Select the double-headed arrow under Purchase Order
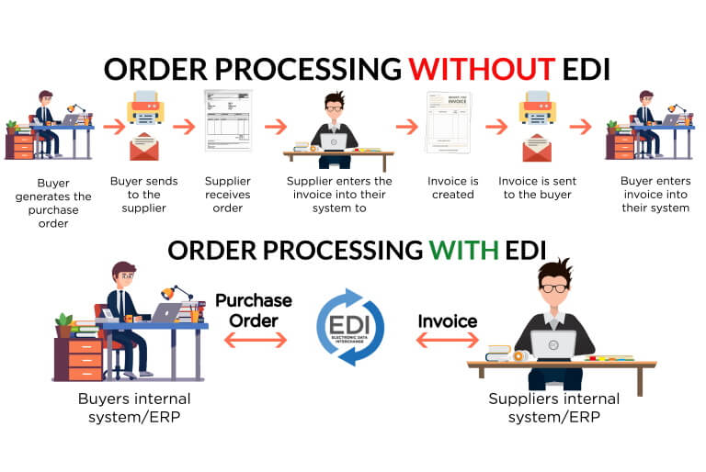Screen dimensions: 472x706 [x=255, y=340]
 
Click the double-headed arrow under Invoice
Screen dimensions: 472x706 [x=448, y=341]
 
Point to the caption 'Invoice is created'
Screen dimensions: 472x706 [x=452, y=187]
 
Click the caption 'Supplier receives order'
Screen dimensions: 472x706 [x=228, y=194]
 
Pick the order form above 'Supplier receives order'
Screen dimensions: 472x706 [x=228, y=119]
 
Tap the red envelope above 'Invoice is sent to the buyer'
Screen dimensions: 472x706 [x=537, y=148]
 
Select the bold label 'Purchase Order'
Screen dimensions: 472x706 [x=254, y=309]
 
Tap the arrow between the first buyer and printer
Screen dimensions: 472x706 [x=114, y=126]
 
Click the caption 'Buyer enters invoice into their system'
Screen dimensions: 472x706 [x=655, y=194]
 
